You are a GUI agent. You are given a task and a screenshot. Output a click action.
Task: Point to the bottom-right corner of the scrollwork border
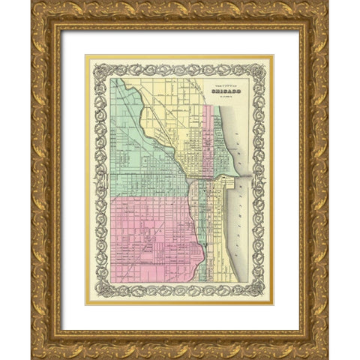pos(267,297)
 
